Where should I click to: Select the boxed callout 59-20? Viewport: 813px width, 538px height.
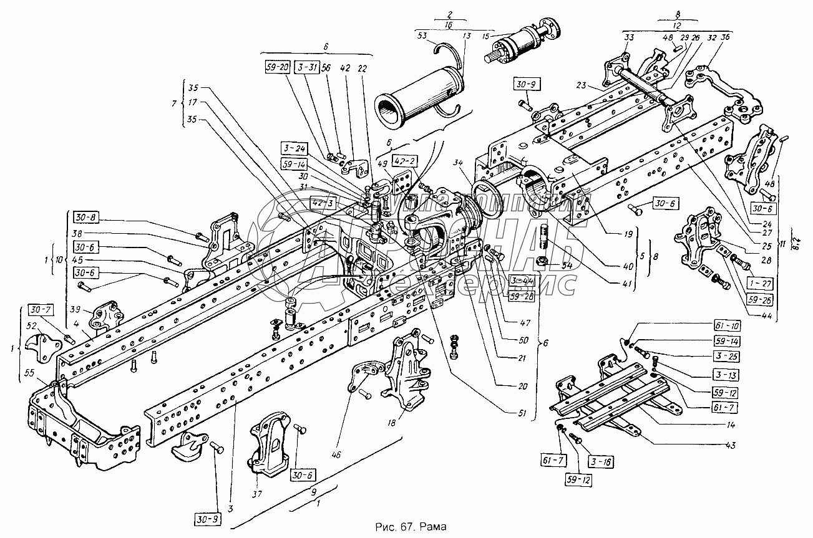pos(275,67)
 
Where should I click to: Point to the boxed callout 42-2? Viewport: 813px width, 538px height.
pos(404,161)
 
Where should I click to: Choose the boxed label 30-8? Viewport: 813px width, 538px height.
pos(87,218)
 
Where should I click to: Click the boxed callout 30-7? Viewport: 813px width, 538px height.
pos(41,310)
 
